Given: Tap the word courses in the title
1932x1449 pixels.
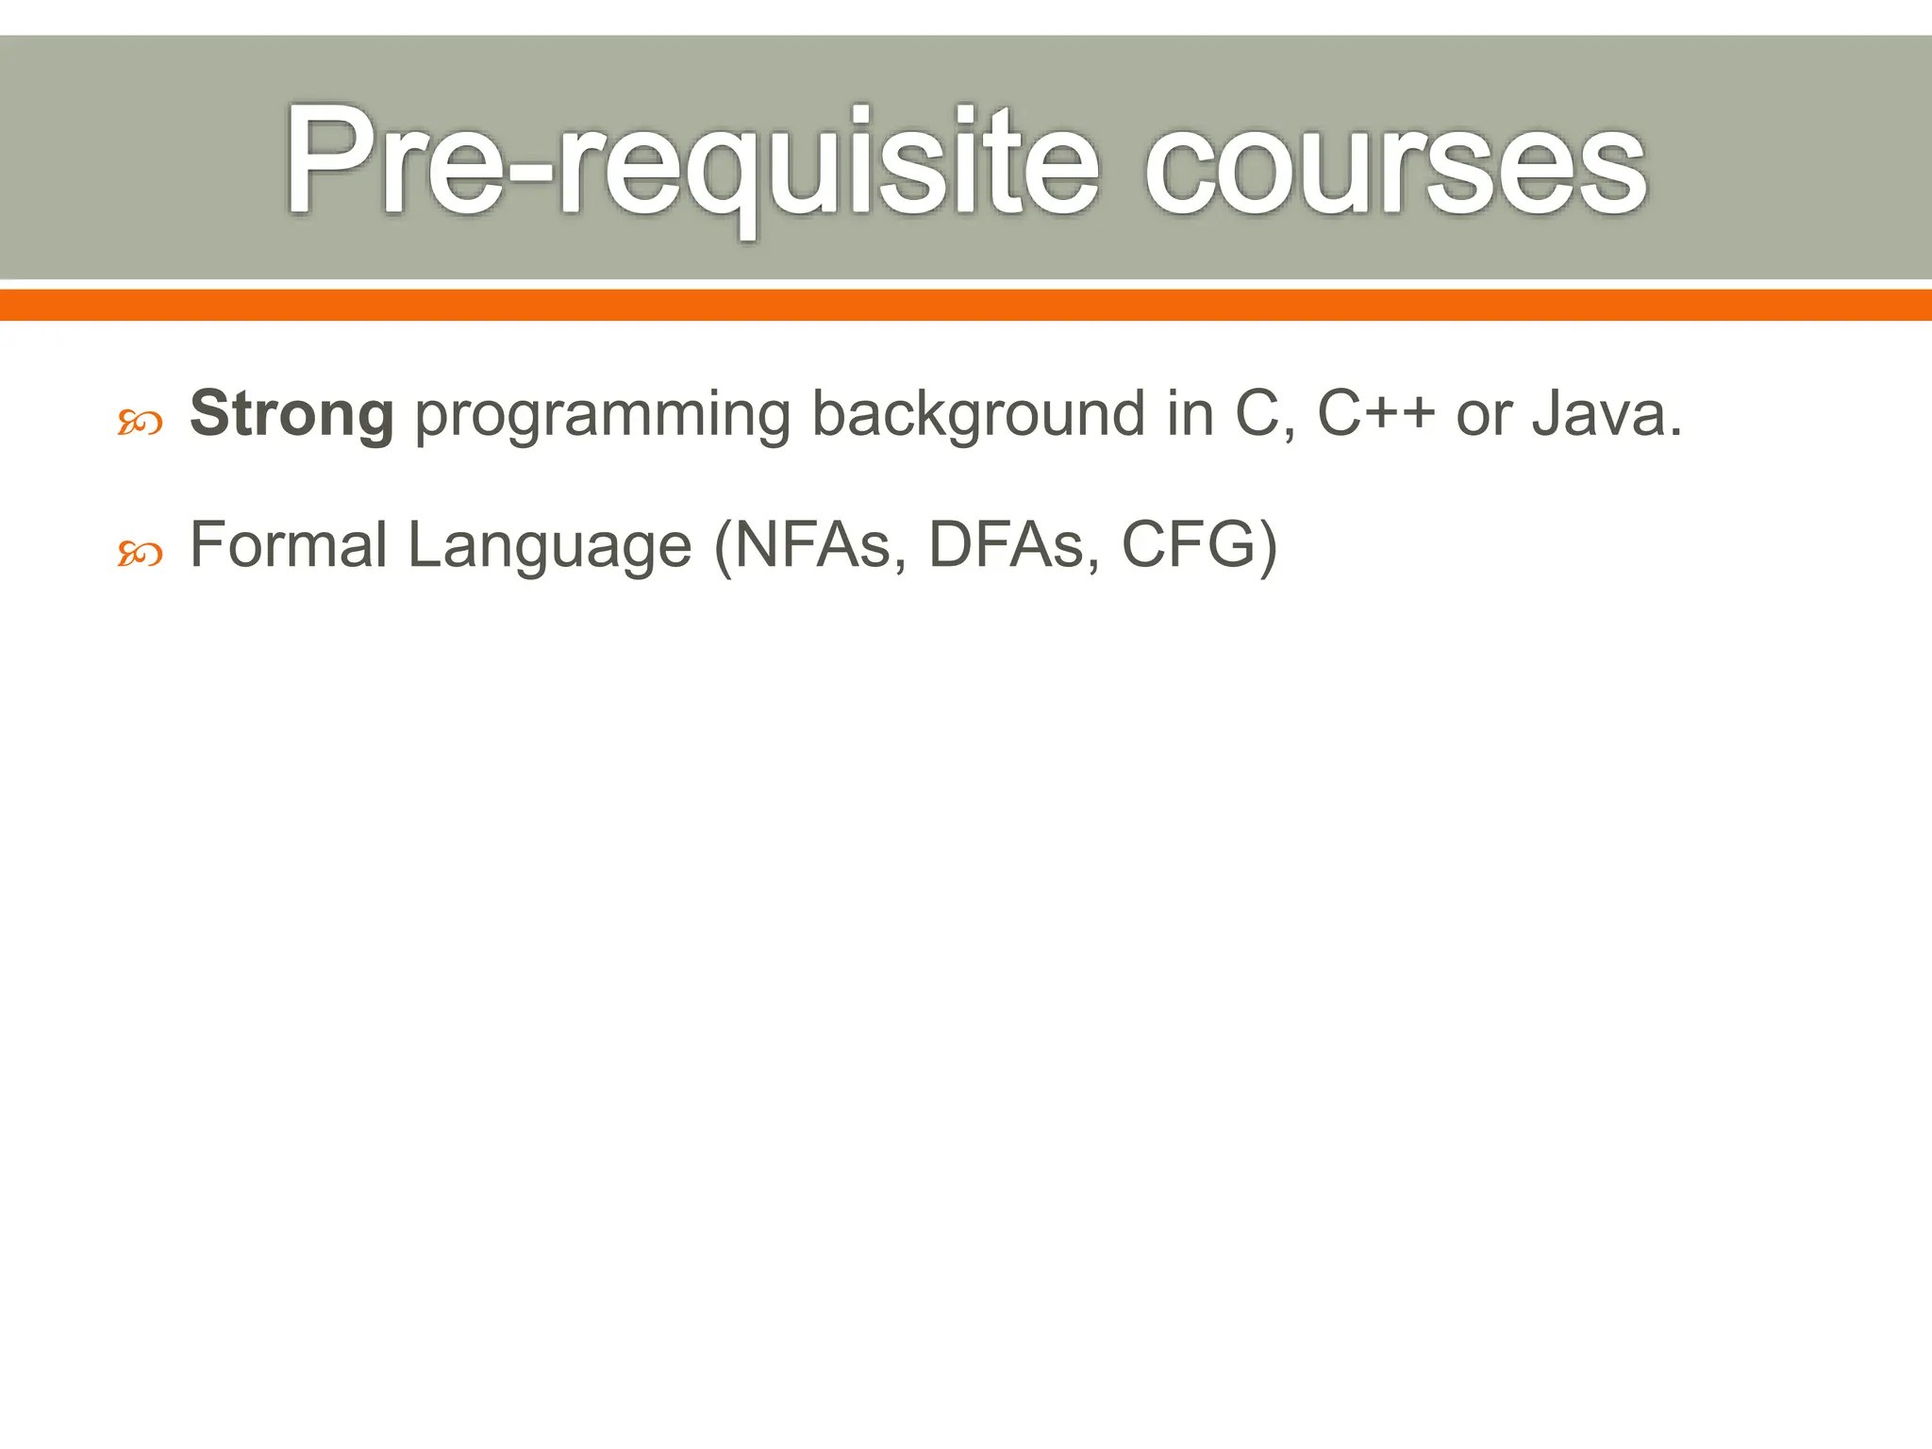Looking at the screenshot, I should point(1395,162).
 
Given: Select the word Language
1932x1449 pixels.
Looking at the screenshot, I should point(550,548).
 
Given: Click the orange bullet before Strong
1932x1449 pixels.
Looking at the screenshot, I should point(141,424).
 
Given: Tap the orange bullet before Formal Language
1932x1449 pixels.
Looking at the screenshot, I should point(141,555).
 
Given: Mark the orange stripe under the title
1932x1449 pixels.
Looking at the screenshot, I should point(966,306).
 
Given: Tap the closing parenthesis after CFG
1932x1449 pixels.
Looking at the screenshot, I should point(1268,548).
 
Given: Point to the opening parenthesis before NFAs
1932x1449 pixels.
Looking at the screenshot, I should point(724,548).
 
